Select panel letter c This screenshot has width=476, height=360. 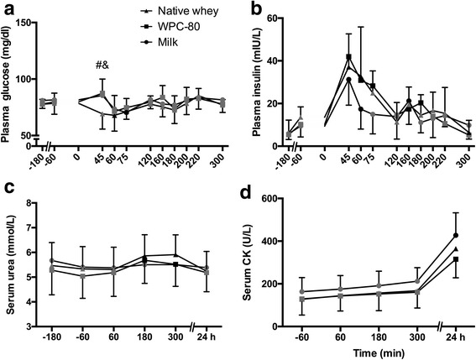click(x=7, y=189)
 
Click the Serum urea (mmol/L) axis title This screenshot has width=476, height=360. click(x=10, y=264)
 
